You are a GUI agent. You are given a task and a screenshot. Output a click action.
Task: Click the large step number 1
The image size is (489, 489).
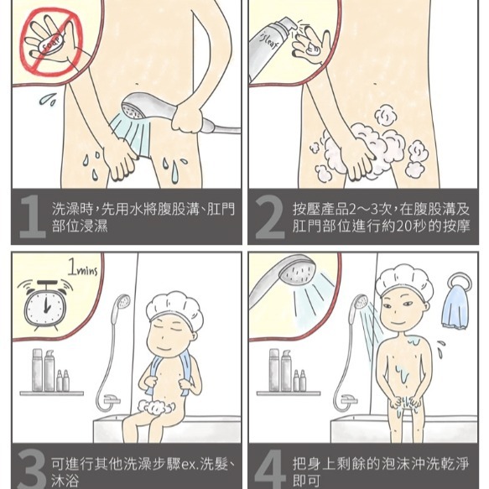(x=32, y=216)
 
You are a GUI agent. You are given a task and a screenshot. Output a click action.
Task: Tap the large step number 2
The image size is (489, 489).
(x=269, y=216)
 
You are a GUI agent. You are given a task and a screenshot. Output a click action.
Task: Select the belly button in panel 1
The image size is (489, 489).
(x=137, y=84)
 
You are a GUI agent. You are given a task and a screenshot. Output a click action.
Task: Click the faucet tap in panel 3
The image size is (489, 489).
(x=111, y=399)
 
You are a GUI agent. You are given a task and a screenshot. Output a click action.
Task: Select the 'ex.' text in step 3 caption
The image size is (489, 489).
(x=189, y=465)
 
